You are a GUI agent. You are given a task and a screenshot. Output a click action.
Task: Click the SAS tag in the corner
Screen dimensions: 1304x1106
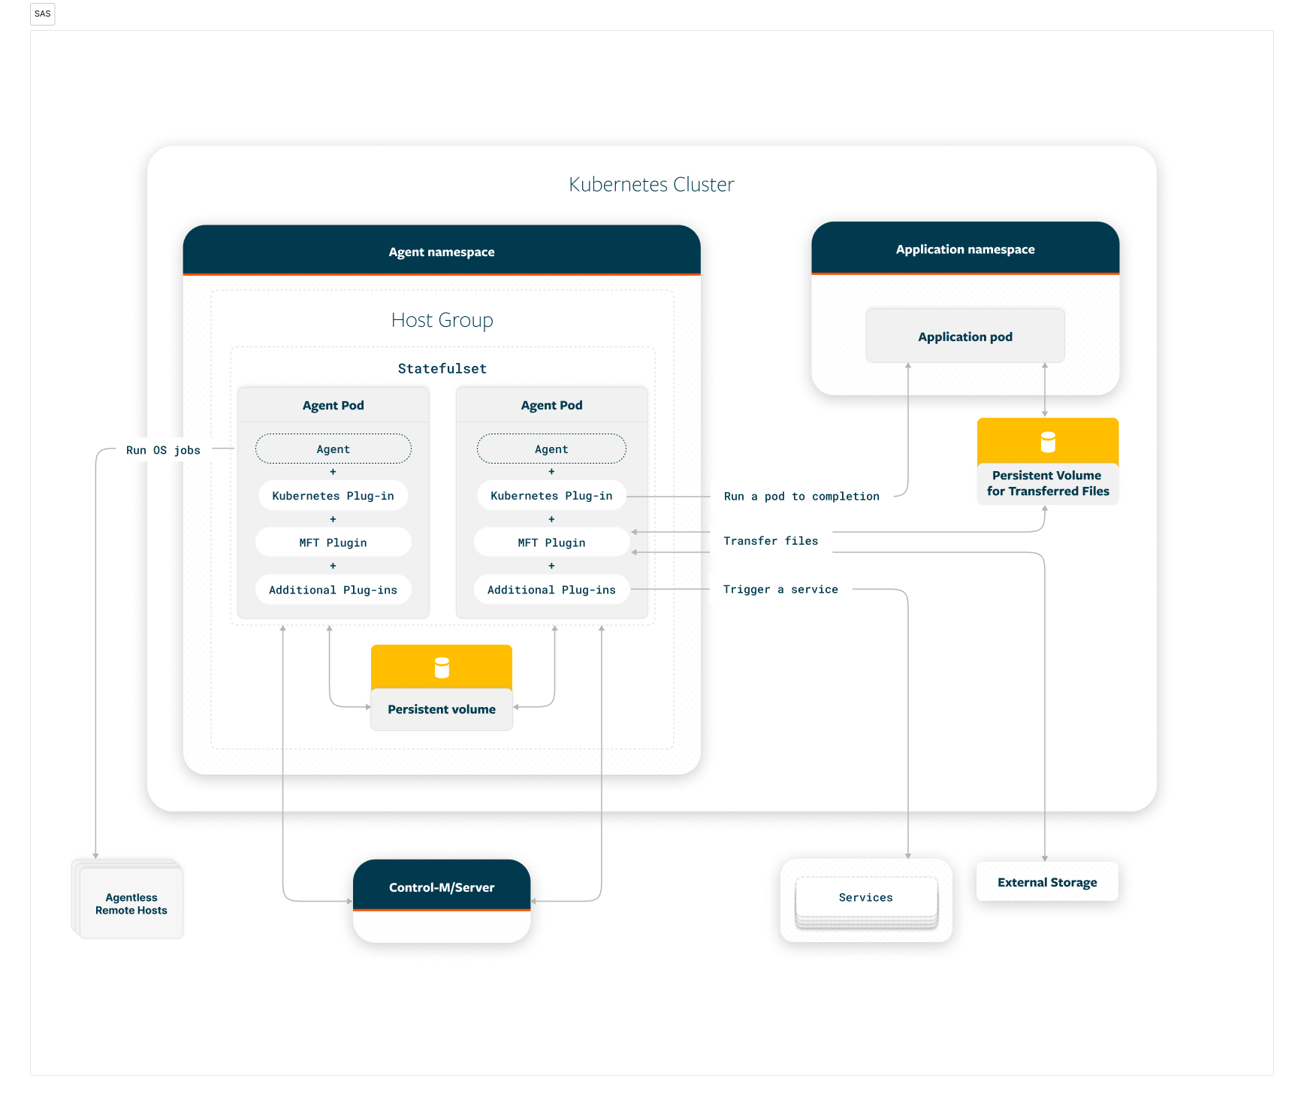coord(43,14)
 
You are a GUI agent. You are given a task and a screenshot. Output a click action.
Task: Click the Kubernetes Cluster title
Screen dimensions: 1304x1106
coord(651,185)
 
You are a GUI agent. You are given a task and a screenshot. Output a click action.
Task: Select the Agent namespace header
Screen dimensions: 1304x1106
coord(442,250)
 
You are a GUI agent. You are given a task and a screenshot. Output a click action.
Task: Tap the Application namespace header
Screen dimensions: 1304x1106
coord(965,248)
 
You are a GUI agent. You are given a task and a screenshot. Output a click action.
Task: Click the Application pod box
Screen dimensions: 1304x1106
coord(965,336)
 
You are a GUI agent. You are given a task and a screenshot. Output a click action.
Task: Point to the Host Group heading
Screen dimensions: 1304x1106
coord(442,321)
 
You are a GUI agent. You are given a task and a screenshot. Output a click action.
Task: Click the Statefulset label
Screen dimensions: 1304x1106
coord(442,369)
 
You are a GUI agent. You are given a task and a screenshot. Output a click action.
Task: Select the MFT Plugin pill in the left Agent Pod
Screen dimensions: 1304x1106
coord(334,542)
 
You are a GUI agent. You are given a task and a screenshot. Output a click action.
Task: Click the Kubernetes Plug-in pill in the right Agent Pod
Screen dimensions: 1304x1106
coord(551,496)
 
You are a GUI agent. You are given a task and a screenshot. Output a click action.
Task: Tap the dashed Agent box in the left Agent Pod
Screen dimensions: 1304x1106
coord(334,449)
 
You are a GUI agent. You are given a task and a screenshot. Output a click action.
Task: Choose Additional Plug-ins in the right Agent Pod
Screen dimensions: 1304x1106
coord(551,590)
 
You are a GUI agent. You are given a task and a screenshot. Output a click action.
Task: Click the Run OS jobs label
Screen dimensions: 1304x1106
coord(163,451)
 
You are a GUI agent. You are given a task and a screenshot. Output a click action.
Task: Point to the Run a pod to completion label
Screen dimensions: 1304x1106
coord(801,497)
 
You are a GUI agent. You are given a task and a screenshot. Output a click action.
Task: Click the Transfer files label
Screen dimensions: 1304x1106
coord(771,541)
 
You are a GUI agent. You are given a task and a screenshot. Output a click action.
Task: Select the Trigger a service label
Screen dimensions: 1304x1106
coord(780,590)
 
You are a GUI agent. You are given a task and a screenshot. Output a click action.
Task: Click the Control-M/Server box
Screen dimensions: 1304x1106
coord(442,900)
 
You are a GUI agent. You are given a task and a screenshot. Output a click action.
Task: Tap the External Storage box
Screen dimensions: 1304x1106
coord(1047,881)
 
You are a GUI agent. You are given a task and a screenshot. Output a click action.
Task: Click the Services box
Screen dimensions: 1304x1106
coord(866,898)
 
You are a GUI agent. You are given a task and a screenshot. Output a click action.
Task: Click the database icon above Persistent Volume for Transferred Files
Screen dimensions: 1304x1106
coord(1048,442)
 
